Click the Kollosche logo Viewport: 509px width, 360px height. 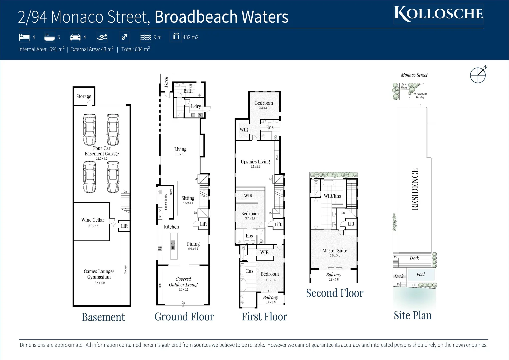(438, 14)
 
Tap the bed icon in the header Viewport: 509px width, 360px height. (24, 37)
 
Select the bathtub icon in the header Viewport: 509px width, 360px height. (49, 37)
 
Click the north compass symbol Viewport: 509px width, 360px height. (478, 75)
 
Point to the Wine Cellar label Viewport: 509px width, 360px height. (93, 220)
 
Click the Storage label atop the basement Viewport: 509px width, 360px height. (83, 96)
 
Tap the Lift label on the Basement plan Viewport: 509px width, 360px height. (124, 226)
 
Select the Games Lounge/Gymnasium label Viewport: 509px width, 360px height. (99, 274)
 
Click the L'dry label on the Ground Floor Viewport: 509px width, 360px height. (196, 106)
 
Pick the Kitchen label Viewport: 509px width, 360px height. (171, 227)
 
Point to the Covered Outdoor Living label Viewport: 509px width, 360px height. (183, 282)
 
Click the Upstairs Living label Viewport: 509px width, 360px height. (255, 162)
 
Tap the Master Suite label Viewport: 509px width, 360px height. (335, 251)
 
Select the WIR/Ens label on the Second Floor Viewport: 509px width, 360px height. (332, 196)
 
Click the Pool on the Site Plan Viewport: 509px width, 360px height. (421, 275)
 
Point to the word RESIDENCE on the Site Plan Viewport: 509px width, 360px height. (415, 189)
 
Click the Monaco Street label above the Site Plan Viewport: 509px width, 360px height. (414, 75)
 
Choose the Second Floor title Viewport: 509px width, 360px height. (335, 293)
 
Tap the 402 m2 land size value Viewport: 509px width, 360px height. (190, 37)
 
